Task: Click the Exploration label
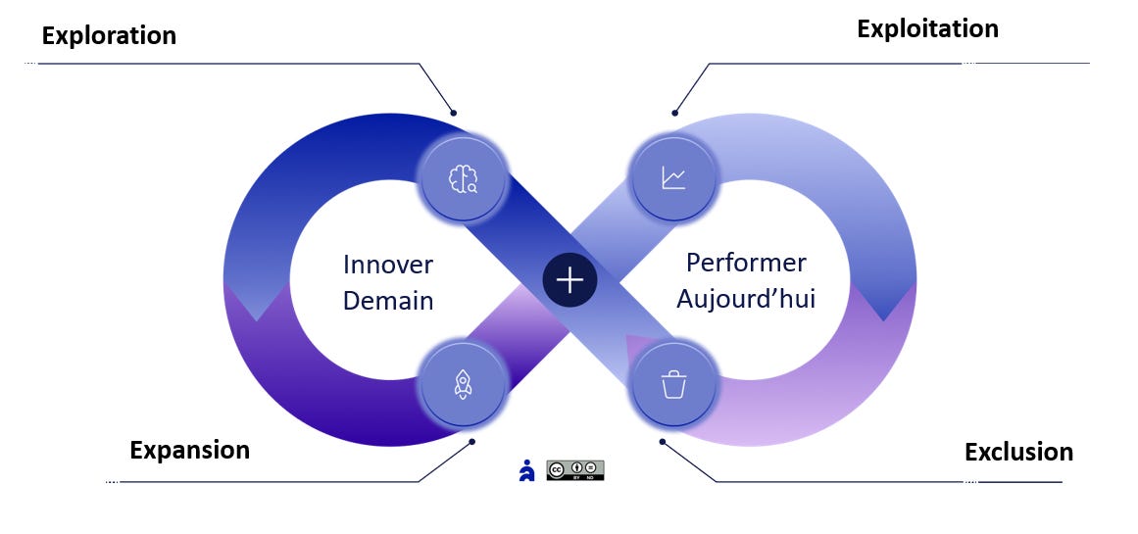click(109, 36)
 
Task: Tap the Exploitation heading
click(927, 29)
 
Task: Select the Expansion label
click(189, 451)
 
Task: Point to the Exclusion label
click(1018, 453)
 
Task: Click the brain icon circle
click(463, 178)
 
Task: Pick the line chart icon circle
click(673, 177)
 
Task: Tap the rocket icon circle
click(463, 384)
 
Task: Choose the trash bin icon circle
click(673, 384)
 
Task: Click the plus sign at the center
click(569, 280)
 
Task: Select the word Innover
click(388, 265)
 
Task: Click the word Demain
click(388, 300)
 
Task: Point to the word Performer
click(746, 263)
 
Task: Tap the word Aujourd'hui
click(746, 298)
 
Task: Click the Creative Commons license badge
click(575, 470)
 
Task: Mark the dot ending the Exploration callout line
click(454, 113)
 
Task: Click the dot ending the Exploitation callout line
click(674, 113)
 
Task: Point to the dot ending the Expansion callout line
click(472, 441)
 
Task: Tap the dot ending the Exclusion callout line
click(662, 441)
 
